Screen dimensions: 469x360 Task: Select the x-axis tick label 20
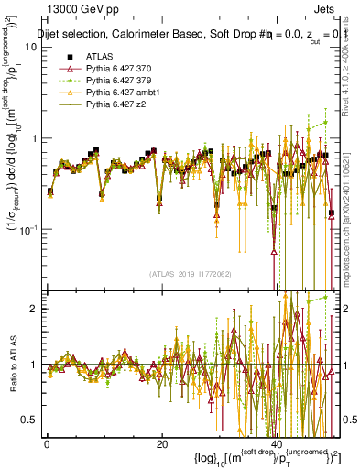[x=161, y=444]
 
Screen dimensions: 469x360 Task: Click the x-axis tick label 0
[x=47, y=444]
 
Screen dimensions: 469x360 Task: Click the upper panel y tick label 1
[x=34, y=138]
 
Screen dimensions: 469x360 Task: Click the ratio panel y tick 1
[x=34, y=365]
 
